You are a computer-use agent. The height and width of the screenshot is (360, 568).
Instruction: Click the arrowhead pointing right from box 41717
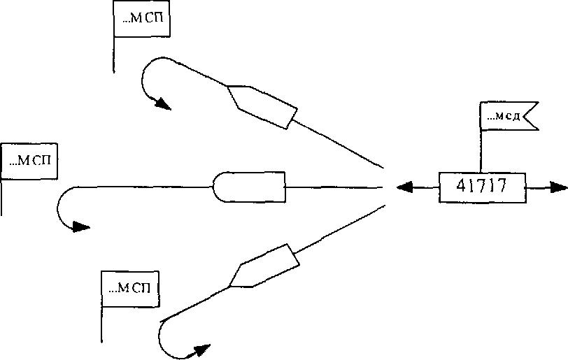click(558, 187)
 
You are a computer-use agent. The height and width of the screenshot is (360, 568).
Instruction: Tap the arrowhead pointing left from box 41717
click(404, 187)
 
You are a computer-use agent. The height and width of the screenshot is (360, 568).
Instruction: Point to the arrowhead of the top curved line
click(162, 104)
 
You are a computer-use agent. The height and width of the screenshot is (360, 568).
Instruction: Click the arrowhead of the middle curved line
click(82, 226)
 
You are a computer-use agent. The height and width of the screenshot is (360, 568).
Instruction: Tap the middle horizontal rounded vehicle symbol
click(249, 187)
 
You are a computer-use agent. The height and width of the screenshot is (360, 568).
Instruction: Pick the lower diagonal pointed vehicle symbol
click(264, 266)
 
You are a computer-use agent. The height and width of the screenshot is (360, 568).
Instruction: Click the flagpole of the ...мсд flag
click(481, 150)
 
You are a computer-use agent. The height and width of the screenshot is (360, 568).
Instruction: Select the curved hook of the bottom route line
click(162, 340)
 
